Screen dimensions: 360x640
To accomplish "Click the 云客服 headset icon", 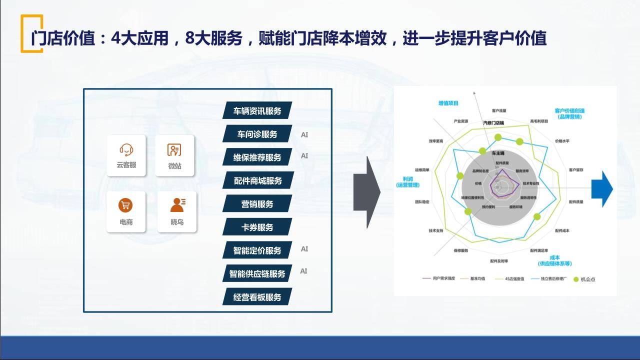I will (x=126, y=149).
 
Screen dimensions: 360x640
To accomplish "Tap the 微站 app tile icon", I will (x=174, y=150).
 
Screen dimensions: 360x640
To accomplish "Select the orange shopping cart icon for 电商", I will (x=125, y=205).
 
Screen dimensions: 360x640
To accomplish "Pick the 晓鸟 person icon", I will (x=177, y=205).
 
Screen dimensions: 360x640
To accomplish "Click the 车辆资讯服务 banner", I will (x=257, y=111).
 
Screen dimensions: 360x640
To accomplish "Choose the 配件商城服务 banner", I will (x=257, y=180).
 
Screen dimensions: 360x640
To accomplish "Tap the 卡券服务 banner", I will (x=257, y=227).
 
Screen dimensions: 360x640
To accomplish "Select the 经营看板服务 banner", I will (x=257, y=297).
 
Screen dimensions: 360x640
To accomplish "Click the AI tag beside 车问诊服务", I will (x=304, y=134).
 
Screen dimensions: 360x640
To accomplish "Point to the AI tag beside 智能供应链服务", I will (x=303, y=271).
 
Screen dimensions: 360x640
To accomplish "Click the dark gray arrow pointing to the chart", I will (x=366, y=192).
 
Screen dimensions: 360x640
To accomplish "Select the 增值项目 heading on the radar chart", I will (x=448, y=103).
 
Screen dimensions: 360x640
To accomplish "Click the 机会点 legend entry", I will (x=584, y=279).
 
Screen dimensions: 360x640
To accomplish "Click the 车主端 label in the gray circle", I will (x=498, y=152).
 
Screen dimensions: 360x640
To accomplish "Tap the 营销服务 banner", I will (x=257, y=204).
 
